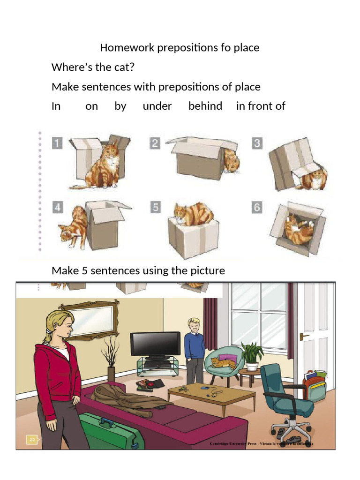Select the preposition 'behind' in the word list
tap(205, 106)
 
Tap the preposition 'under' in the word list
tap(157, 106)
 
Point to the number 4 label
tap(57, 207)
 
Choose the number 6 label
tap(256, 207)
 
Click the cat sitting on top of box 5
tap(194, 214)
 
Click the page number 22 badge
tap(32, 439)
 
